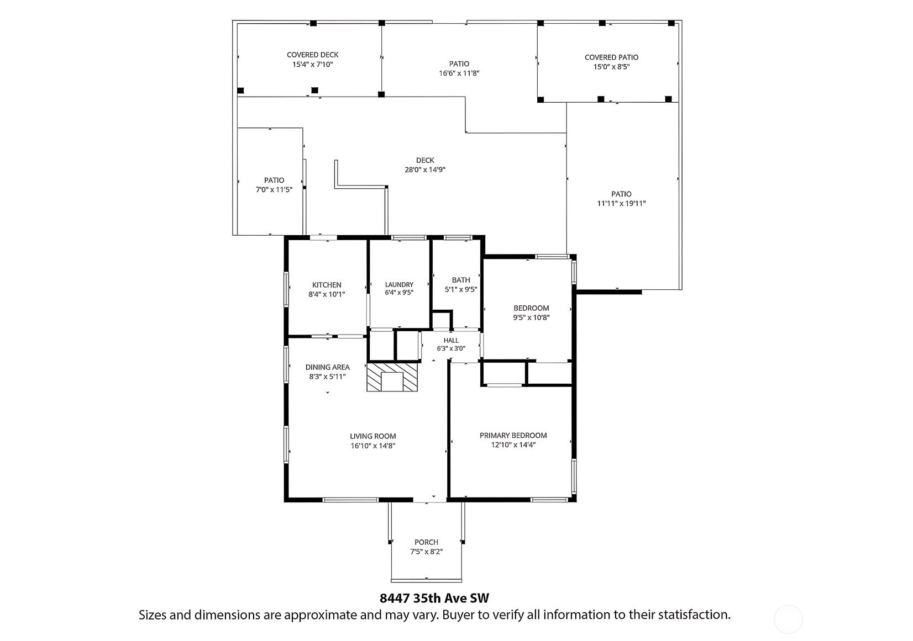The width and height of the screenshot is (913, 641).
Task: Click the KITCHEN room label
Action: (x=327, y=285)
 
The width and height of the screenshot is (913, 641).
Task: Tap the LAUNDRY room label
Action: (x=399, y=284)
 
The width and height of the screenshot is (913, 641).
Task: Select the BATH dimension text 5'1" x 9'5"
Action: (x=461, y=289)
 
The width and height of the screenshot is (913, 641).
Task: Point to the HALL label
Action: (x=451, y=340)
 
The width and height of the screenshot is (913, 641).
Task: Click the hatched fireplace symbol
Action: (x=392, y=377)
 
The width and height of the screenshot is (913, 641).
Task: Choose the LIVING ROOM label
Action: (x=373, y=436)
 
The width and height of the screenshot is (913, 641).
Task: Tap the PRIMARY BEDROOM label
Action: (x=513, y=436)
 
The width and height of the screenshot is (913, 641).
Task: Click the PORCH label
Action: (x=426, y=542)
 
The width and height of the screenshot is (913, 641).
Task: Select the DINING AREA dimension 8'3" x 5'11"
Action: (x=327, y=377)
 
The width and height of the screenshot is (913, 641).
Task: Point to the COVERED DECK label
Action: (x=313, y=55)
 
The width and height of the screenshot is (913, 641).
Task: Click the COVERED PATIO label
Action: (x=611, y=57)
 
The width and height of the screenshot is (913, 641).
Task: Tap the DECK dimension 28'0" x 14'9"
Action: (x=424, y=170)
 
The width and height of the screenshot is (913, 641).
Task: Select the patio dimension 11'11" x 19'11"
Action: (x=622, y=204)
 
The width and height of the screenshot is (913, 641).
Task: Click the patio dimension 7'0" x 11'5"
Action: (x=274, y=190)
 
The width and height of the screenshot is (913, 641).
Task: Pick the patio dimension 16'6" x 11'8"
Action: (x=459, y=73)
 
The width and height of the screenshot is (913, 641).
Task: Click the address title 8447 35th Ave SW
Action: (x=434, y=598)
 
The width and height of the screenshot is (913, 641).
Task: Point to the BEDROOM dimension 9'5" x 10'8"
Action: (x=531, y=317)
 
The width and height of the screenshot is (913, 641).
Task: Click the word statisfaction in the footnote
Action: (x=695, y=614)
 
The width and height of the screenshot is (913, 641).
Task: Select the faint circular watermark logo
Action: (x=788, y=619)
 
